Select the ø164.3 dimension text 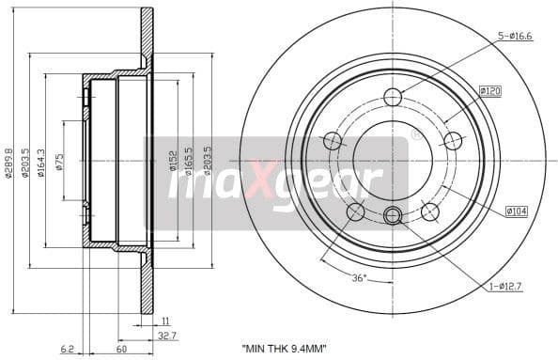[42, 162]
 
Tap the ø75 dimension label [59, 162]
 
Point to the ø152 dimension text [175, 162]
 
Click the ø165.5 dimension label [191, 162]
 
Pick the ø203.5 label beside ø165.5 [208, 162]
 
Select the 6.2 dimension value [67, 349]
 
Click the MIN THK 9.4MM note [284, 349]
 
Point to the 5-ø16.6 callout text [515, 36]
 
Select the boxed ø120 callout [489, 90]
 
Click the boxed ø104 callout [516, 211]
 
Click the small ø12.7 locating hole [393, 216]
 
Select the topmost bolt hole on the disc [393, 96]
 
